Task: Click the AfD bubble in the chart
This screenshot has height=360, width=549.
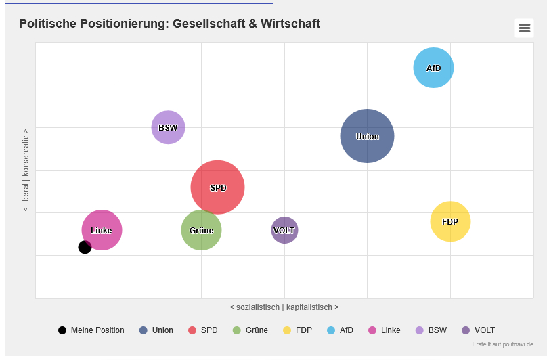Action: [x=433, y=68]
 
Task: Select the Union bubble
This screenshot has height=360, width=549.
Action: [x=367, y=136]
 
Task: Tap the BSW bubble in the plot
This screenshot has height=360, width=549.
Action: [x=168, y=127]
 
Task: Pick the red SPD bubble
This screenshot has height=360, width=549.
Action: [x=217, y=187]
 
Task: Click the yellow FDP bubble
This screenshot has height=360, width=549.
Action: [x=450, y=221]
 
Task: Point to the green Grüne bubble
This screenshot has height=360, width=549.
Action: [x=201, y=230]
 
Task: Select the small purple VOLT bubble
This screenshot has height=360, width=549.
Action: [x=284, y=230]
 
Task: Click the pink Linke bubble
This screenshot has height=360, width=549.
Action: [x=102, y=229]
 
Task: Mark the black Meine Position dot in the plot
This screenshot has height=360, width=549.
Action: [x=85, y=247]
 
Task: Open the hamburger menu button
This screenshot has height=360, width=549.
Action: [x=524, y=28]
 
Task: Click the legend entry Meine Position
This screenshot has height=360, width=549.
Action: [x=97, y=330]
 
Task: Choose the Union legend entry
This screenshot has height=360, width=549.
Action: [x=162, y=330]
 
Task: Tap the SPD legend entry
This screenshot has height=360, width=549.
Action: [x=208, y=330]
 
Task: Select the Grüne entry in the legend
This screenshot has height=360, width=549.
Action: [x=255, y=330]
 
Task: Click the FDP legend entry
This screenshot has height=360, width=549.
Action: [x=303, y=330]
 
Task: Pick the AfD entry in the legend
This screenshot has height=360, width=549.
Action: [x=346, y=330]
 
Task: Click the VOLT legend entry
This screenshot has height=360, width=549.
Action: [x=484, y=330]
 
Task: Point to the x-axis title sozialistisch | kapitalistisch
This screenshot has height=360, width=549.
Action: [x=284, y=307]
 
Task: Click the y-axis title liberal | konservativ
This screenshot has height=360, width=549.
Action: [x=26, y=170]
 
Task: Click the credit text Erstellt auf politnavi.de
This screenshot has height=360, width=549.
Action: [x=502, y=344]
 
